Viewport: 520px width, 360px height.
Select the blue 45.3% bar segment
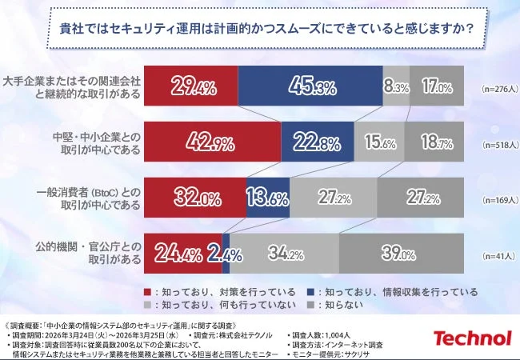310,86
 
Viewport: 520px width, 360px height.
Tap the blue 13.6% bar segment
268,198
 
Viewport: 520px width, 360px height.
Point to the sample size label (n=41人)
494,258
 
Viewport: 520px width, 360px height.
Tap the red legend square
148,292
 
